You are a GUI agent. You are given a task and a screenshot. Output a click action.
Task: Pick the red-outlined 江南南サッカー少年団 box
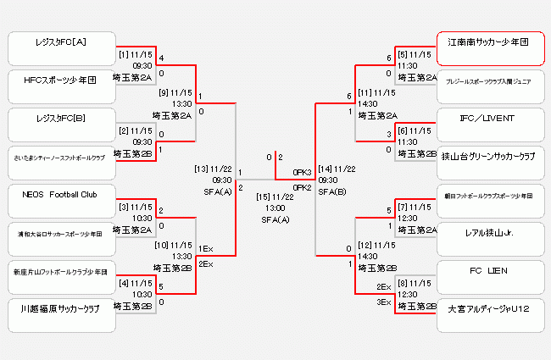pos(489,48)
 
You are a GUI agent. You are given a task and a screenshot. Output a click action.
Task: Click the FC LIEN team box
pos(489,276)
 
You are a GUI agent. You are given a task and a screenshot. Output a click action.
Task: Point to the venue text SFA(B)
pos(333,191)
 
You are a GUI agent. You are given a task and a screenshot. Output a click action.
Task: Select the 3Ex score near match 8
pos(384,302)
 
